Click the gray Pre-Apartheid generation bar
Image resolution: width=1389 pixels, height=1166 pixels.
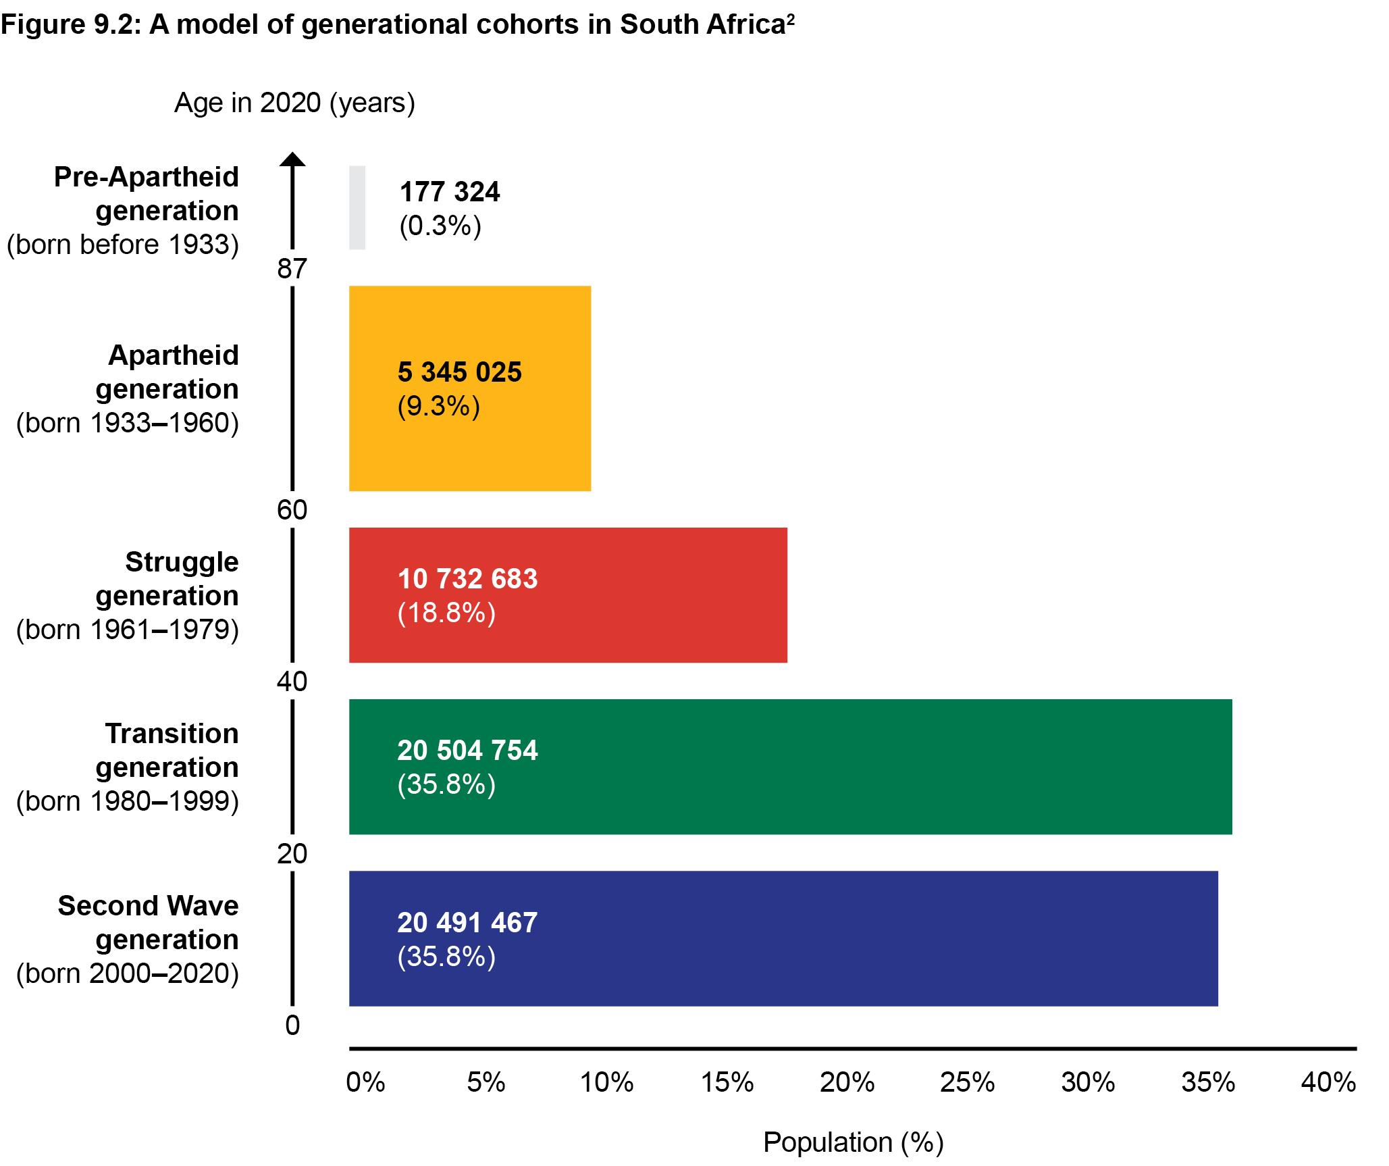(357, 207)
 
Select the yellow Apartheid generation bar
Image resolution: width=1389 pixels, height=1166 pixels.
(469, 388)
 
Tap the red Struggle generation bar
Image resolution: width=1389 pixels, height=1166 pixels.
(567, 594)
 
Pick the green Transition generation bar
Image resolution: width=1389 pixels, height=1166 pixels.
(790, 767)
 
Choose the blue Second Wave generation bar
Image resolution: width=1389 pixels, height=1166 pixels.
(783, 938)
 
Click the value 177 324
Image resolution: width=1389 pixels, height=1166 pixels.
(450, 192)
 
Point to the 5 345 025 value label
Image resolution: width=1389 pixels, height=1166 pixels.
(460, 372)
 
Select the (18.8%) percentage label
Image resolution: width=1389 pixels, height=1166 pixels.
(446, 613)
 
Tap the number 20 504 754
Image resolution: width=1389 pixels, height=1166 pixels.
(467, 751)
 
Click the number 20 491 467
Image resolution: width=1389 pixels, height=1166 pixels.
(467, 923)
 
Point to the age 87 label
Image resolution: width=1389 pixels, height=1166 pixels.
(292, 269)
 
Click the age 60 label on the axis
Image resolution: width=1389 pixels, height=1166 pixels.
(292, 510)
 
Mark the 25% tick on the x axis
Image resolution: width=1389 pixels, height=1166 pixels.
(967, 1082)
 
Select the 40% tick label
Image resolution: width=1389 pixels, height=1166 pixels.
(1328, 1082)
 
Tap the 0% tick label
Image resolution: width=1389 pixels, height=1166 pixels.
(365, 1082)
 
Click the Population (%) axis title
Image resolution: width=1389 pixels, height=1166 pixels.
(853, 1142)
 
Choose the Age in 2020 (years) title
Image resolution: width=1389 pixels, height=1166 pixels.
(294, 103)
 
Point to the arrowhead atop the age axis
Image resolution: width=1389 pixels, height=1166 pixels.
(292, 159)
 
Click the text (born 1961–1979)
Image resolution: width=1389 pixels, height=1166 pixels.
(128, 630)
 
